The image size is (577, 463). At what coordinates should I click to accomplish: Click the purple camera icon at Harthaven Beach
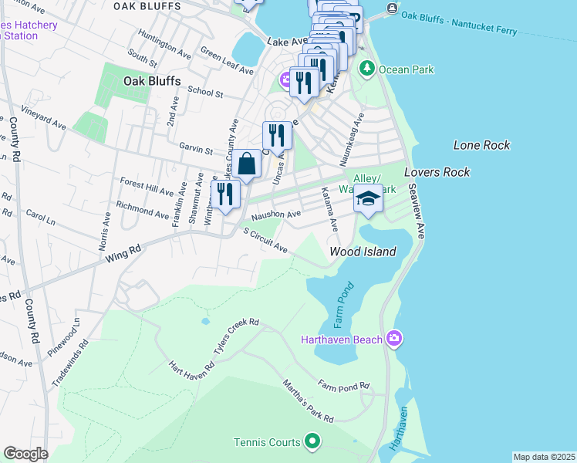(394, 339)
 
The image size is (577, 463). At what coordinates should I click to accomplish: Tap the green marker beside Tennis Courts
(312, 442)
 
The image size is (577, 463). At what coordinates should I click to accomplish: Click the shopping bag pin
(248, 165)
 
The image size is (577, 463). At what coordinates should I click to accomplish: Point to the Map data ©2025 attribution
(544, 457)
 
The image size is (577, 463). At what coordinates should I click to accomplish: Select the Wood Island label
(363, 252)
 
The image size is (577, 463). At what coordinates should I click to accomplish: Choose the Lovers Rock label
(437, 172)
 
